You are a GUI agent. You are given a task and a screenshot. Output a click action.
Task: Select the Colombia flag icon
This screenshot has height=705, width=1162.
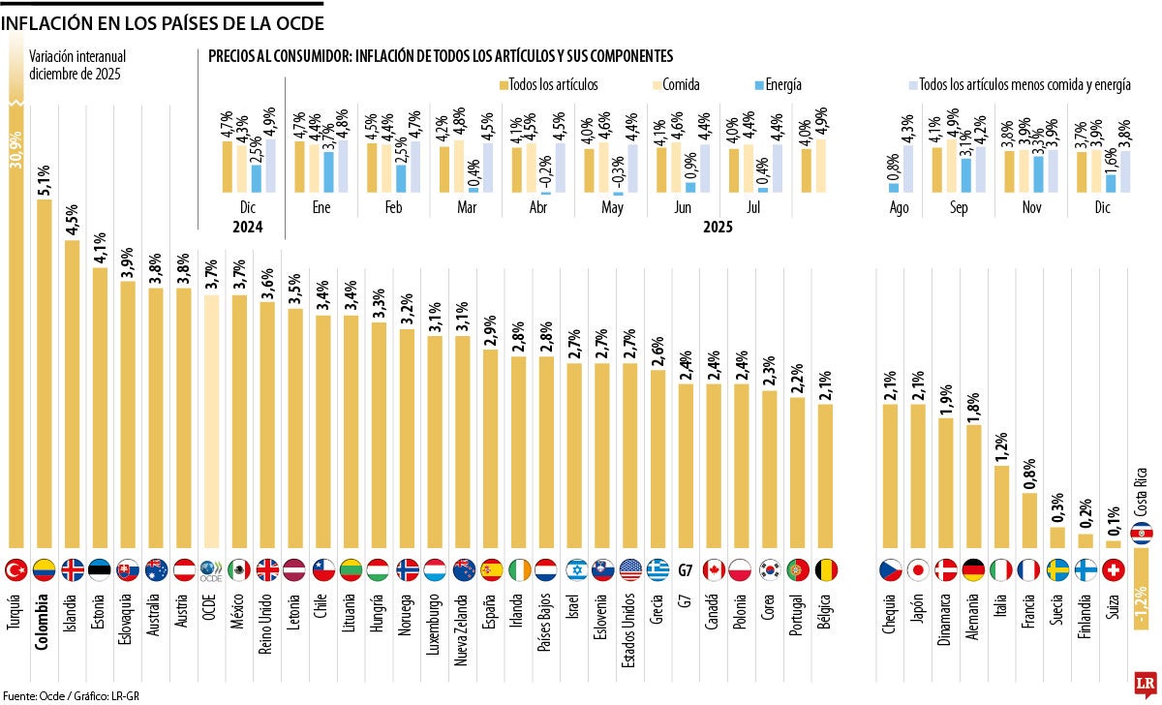(44, 568)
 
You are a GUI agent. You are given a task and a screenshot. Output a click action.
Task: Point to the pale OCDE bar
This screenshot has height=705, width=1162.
(210, 421)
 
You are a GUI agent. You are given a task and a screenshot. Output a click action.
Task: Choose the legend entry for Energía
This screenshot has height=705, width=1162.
(757, 85)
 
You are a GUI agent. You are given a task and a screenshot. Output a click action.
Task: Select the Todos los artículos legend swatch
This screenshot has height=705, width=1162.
(505, 85)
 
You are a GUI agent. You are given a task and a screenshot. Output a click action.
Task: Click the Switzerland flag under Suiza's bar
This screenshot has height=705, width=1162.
(1114, 568)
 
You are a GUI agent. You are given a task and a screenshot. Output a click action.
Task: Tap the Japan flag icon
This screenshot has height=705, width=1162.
(918, 568)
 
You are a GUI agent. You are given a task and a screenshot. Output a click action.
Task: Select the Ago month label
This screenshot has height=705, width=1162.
(900, 207)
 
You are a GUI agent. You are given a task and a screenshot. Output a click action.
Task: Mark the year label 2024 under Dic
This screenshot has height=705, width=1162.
(246, 228)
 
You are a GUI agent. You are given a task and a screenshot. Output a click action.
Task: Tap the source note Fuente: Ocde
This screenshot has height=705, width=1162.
(34, 695)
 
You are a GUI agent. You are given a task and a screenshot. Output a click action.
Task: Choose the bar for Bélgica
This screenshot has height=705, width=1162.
(825, 475)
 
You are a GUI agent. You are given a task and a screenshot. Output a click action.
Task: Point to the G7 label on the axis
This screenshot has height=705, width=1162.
(686, 569)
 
